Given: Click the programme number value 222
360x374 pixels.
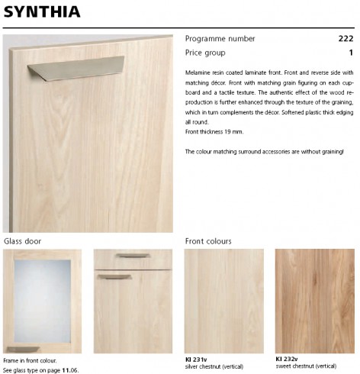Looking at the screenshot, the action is click(346, 39).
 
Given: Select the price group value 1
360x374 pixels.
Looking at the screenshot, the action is click(351, 53).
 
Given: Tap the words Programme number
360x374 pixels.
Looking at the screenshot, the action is click(220, 39).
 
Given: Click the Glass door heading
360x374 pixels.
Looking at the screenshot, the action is click(23, 241).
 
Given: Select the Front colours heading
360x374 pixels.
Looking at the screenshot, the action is click(208, 241).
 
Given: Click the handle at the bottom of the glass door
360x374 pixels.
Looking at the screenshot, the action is click(24, 349).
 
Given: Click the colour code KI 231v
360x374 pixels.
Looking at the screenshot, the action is click(196, 359).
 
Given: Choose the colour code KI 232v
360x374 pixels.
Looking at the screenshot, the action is click(287, 359).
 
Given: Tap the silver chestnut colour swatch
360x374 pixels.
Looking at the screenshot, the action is click(224, 300).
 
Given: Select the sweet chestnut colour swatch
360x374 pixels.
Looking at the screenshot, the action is click(315, 300).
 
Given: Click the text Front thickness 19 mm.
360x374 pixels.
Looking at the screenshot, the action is click(215, 132).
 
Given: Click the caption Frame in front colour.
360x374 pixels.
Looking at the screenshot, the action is click(30, 360).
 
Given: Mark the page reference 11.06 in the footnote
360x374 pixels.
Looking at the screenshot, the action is click(69, 369).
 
